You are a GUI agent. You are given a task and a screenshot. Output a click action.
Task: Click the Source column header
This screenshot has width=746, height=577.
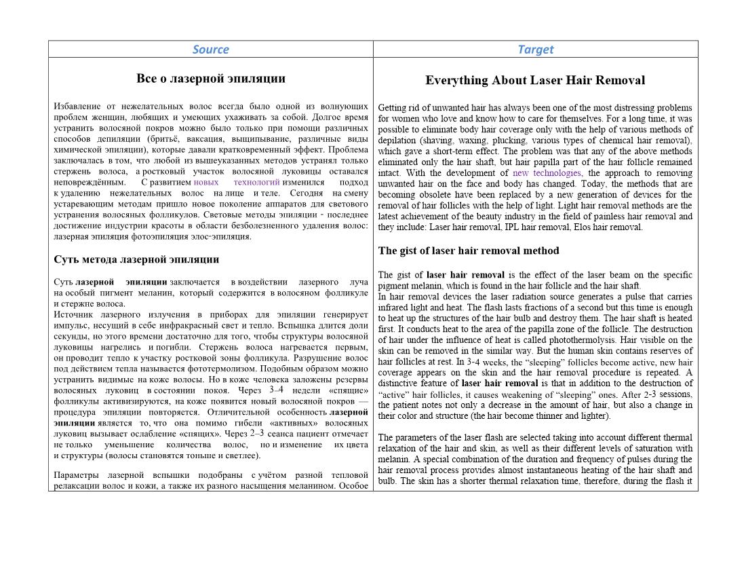point(210,49)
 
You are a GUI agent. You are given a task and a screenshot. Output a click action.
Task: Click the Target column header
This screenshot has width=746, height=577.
point(535,49)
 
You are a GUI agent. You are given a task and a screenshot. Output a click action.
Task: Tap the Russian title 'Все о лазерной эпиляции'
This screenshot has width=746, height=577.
point(210,78)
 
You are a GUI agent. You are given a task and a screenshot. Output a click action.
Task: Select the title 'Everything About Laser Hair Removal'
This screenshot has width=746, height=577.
point(535,80)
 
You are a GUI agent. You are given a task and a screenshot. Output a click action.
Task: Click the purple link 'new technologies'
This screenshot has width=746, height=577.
point(547,173)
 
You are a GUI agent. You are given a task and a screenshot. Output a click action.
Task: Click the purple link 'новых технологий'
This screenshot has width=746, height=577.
point(236,182)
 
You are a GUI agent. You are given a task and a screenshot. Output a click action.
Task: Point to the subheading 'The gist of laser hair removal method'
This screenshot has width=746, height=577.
point(469,250)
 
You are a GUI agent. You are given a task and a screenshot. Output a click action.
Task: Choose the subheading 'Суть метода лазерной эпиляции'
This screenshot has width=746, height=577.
point(136,259)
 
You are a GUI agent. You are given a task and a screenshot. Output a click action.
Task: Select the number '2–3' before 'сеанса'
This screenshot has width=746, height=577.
point(256,433)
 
